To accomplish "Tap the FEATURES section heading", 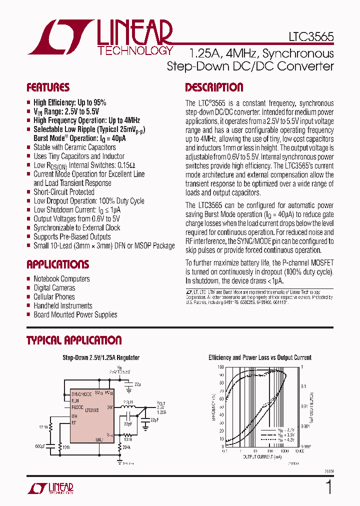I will pos(48,87).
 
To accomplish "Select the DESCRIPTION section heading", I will pos(214,87).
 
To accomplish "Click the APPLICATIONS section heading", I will pos(57,264).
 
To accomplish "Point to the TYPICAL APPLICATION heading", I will pos(74,340).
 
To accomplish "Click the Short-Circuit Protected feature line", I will pos(63,192).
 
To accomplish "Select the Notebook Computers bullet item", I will pos(61,279).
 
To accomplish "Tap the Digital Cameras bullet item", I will pos(54,288).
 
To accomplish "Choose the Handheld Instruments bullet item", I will pos(62,306).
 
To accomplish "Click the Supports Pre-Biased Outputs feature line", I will pos(72,236).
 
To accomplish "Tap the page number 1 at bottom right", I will pos(328,487).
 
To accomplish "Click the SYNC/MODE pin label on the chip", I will pos(81,394).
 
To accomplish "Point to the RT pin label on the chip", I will pos(74,422).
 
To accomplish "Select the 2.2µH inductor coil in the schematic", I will pos(128,407).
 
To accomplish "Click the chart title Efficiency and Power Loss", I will pos(259,357).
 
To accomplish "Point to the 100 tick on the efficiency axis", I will pos(220,366).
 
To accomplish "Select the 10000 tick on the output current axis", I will pos(299,451).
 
